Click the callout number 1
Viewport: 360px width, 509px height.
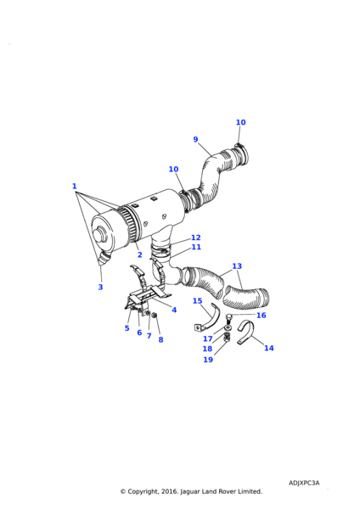[x=75, y=187]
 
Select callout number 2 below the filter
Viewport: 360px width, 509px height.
[x=140, y=255]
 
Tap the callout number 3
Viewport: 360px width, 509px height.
[x=100, y=287]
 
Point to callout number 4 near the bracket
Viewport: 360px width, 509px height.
[x=174, y=310]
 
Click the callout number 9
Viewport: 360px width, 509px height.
[x=195, y=139]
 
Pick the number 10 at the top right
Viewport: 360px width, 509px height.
[x=241, y=122]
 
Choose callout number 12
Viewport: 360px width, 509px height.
[x=196, y=238]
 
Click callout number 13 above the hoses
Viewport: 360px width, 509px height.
[x=237, y=266]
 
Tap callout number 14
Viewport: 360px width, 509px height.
[x=269, y=348]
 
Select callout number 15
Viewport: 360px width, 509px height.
[x=197, y=301]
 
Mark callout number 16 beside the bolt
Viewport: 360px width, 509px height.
[x=262, y=316]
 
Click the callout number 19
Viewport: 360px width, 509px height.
[x=208, y=360]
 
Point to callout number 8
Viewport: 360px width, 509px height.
[x=160, y=340]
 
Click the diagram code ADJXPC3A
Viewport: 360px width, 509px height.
[x=304, y=483]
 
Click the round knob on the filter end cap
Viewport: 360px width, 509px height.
[x=100, y=234]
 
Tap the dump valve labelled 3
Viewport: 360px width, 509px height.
[x=104, y=258]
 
